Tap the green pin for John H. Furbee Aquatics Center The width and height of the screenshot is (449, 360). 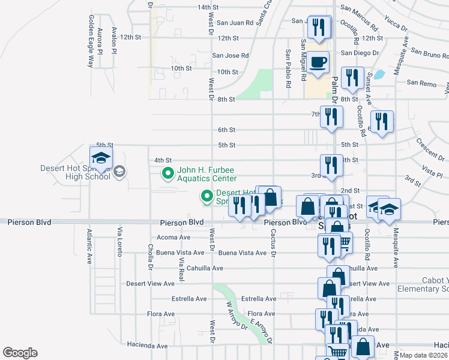168,174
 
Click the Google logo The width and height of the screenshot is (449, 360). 20,353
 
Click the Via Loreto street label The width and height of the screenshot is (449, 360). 120,240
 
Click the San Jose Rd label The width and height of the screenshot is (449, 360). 231,55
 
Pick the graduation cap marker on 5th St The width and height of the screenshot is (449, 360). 101,157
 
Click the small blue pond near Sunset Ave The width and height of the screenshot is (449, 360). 379,76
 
